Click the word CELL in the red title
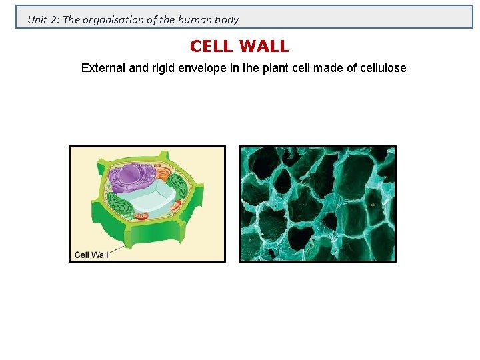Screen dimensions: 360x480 (x=211, y=47)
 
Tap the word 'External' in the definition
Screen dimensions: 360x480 (x=103, y=68)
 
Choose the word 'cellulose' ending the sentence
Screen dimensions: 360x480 (x=381, y=68)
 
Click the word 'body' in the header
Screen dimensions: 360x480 (x=226, y=19)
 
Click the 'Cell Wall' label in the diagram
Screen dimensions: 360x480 (x=91, y=254)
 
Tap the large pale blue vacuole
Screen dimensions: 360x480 (x=152, y=200)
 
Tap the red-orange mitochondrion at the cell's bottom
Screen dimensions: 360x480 (x=141, y=216)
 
